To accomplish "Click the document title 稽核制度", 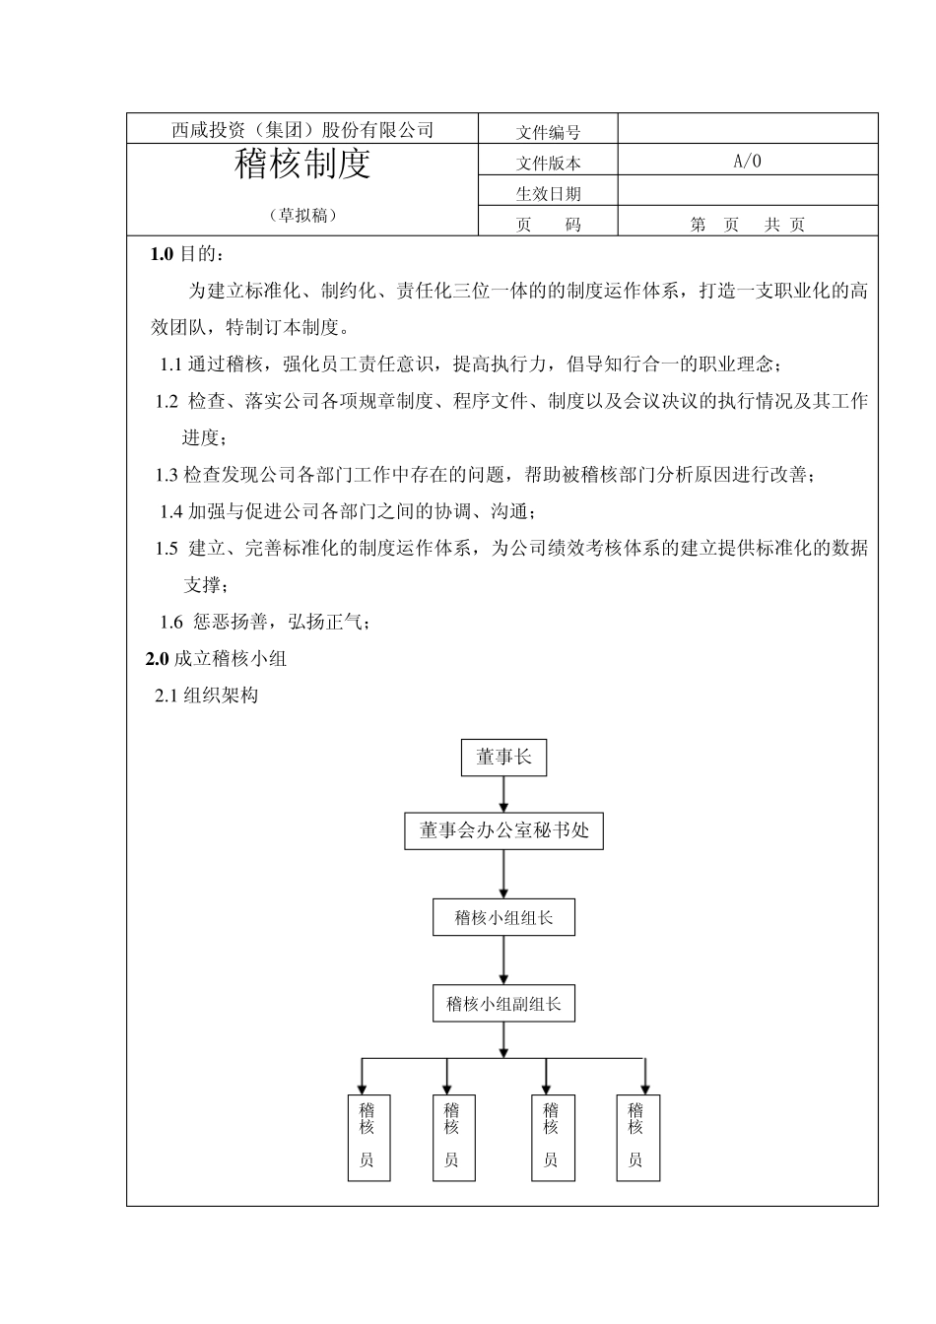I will pyautogui.click(x=301, y=165).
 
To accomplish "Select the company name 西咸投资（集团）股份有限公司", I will pyautogui.click(x=301, y=130).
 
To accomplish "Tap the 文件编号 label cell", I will pyautogui.click(x=548, y=132).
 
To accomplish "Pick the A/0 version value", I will pyautogui.click(x=748, y=162).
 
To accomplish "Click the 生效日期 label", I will pyautogui.click(x=548, y=194).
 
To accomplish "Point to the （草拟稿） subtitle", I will pyautogui.click(x=302, y=216).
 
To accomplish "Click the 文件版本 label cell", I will pyautogui.click(x=548, y=164).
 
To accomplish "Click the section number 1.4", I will pyautogui.click(x=171, y=511).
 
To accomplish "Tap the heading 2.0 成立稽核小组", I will pyautogui.click(x=216, y=659).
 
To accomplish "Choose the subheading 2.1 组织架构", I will pyautogui.click(x=207, y=695).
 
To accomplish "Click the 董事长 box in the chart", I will pyautogui.click(x=503, y=758).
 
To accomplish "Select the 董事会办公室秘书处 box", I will pyautogui.click(x=503, y=830).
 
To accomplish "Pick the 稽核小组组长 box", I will pyautogui.click(x=503, y=918).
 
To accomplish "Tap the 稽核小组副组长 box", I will pyautogui.click(x=503, y=1005).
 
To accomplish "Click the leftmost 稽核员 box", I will pyautogui.click(x=367, y=1138).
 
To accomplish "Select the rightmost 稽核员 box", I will pyautogui.click(x=636, y=1138).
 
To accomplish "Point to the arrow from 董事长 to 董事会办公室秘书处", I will pyautogui.click(x=503, y=794).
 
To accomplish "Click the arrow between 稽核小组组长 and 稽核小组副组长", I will pyautogui.click(x=503, y=960).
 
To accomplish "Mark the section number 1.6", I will pyautogui.click(x=171, y=622).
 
